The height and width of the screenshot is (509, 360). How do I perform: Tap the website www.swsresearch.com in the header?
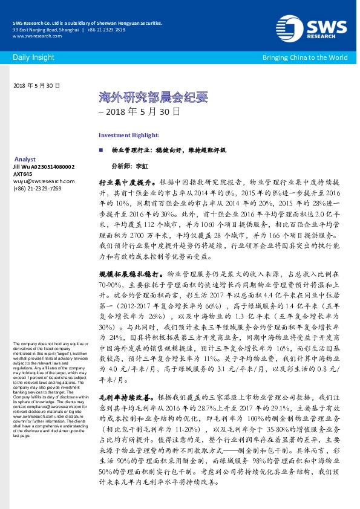[34, 36]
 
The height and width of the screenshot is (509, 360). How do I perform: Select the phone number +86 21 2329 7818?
[106, 29]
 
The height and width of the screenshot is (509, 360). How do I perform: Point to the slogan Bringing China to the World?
[304, 57]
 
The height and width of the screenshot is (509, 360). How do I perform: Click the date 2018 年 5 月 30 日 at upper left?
[36, 86]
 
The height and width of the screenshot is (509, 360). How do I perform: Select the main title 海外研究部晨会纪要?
[136, 97]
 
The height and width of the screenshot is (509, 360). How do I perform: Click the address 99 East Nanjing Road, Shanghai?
[45, 29]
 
